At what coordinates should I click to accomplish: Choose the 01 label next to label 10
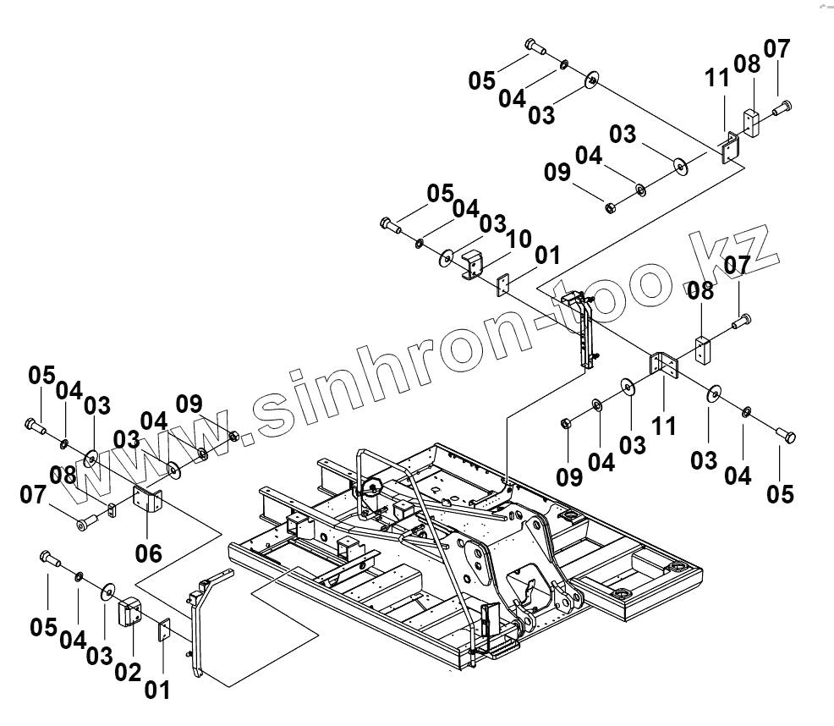[546, 255]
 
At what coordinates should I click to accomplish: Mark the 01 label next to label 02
[157, 689]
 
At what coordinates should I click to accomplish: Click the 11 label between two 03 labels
[665, 425]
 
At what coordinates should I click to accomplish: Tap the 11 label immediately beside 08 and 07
[716, 80]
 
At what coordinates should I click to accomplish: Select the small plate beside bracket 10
[502, 284]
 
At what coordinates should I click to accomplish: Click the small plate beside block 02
[165, 630]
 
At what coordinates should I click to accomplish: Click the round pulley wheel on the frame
[370, 488]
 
